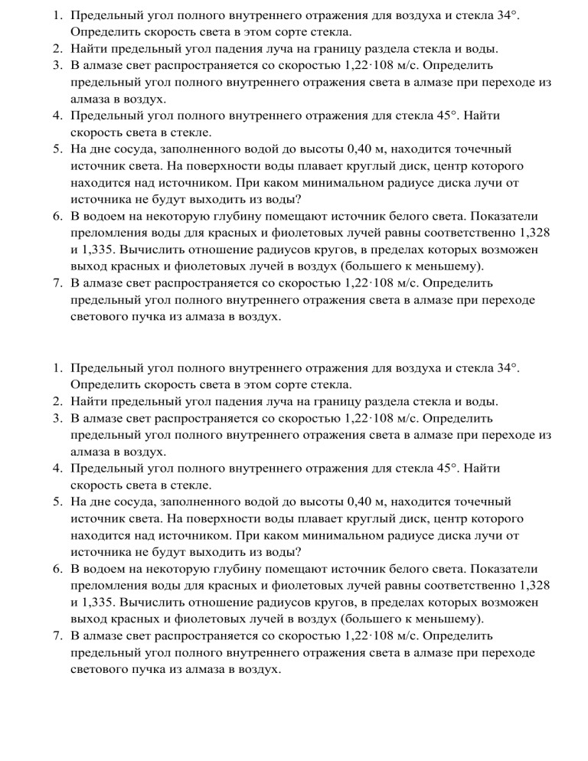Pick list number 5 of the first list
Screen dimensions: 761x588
point(58,149)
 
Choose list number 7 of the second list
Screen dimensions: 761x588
point(58,636)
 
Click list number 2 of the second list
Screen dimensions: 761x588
point(58,402)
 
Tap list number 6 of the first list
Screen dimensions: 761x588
point(58,217)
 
